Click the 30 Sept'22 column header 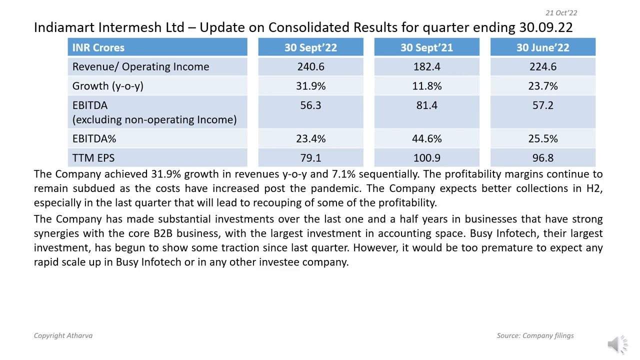pos(310,47)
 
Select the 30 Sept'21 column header pos(426,47)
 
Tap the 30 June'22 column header pos(542,47)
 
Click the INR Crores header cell pos(98,47)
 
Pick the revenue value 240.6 pos(310,66)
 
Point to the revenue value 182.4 pos(426,66)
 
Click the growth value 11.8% pos(426,86)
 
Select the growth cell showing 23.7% pos(542,86)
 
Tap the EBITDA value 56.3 pos(310,105)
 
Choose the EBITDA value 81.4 pos(426,105)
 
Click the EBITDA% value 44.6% pos(426,138)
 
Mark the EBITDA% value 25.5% pos(542,138)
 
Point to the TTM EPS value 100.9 pos(426,158)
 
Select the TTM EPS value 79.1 pos(310,158)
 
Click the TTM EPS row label pos(93,158)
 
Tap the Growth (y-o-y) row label pos(108,86)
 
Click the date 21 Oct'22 pos(561,13)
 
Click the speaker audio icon pos(617,344)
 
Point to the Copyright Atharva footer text pos(63,335)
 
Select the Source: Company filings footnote pos(535,335)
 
